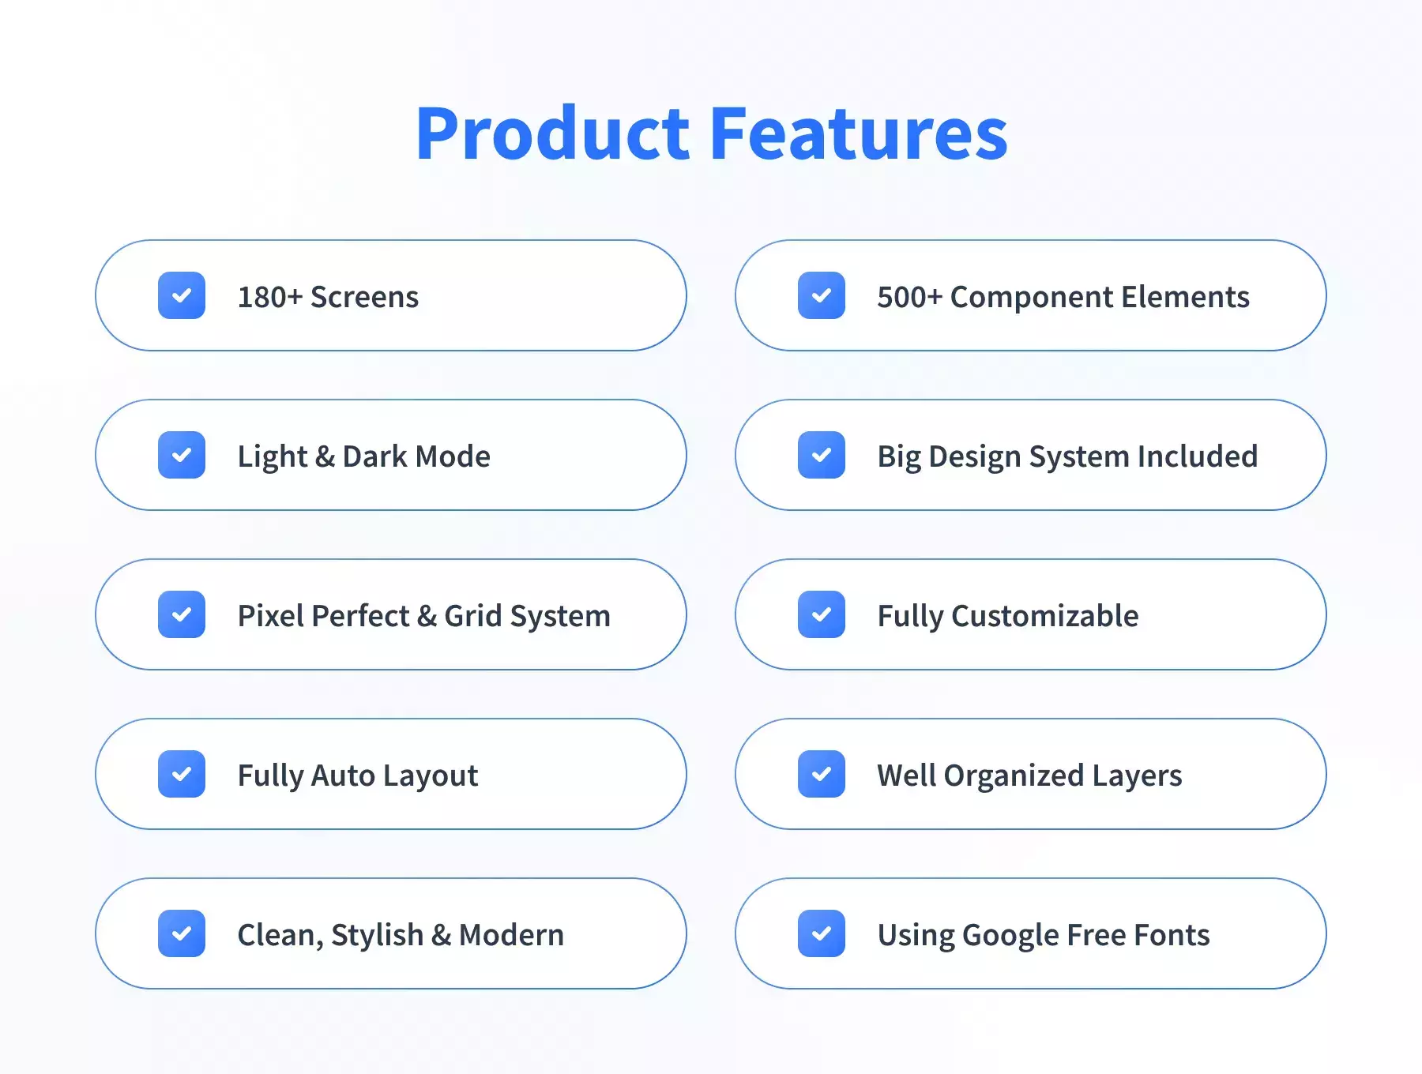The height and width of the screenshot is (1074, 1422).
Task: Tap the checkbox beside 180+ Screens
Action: click(182, 295)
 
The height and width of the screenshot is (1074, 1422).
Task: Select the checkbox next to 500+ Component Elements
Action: click(822, 295)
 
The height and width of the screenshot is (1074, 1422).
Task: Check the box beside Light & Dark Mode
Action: click(182, 455)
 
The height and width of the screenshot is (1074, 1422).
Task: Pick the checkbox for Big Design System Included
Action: click(822, 455)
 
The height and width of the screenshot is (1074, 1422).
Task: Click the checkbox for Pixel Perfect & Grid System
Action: click(182, 614)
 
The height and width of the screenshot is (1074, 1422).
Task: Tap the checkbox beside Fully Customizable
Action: click(822, 614)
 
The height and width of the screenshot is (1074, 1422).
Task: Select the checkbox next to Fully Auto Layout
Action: click(182, 774)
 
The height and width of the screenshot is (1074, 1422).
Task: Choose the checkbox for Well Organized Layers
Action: click(822, 774)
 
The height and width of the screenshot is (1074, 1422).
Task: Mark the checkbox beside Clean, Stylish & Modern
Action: click(182, 933)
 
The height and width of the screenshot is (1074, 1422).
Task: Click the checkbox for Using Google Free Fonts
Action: click(822, 933)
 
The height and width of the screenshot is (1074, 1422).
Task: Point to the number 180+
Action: click(270, 297)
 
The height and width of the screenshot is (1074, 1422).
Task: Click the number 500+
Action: click(910, 297)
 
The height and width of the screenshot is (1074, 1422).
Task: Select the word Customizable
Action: click(1045, 616)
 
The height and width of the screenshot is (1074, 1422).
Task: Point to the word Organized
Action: click(1014, 776)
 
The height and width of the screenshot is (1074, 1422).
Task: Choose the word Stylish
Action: click(378, 936)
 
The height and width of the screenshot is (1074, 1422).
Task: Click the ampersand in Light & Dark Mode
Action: click(325, 456)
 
